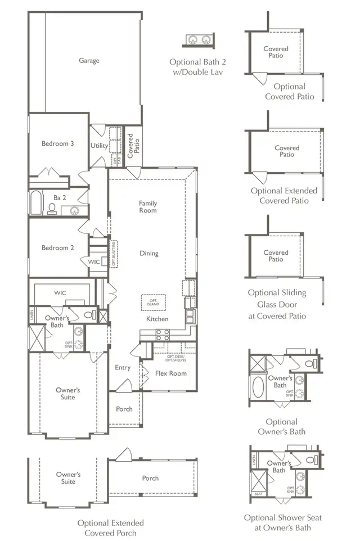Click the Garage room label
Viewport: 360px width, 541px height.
click(x=89, y=60)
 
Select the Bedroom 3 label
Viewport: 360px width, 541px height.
click(x=57, y=143)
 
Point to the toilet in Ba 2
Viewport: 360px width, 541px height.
click(x=52, y=209)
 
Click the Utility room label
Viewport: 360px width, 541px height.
click(x=100, y=146)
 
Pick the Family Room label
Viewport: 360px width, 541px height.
click(x=148, y=207)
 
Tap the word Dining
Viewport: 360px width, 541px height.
click(x=149, y=254)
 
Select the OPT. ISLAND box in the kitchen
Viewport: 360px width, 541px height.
click(x=150, y=302)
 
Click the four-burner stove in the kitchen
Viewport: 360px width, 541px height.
click(x=163, y=335)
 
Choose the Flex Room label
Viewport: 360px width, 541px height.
click(x=170, y=373)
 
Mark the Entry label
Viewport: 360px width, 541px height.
click(x=123, y=368)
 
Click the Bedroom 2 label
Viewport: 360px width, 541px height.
click(x=57, y=247)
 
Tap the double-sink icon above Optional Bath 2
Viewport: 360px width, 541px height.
click(x=200, y=40)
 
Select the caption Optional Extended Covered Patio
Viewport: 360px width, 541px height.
click(x=283, y=195)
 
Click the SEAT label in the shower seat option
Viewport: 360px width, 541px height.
click(x=258, y=494)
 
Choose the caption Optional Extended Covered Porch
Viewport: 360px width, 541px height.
click(x=110, y=528)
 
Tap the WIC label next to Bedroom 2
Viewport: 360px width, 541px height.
click(x=94, y=262)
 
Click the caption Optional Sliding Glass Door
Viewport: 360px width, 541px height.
click(x=277, y=304)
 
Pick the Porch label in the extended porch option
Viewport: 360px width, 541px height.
click(x=150, y=479)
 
